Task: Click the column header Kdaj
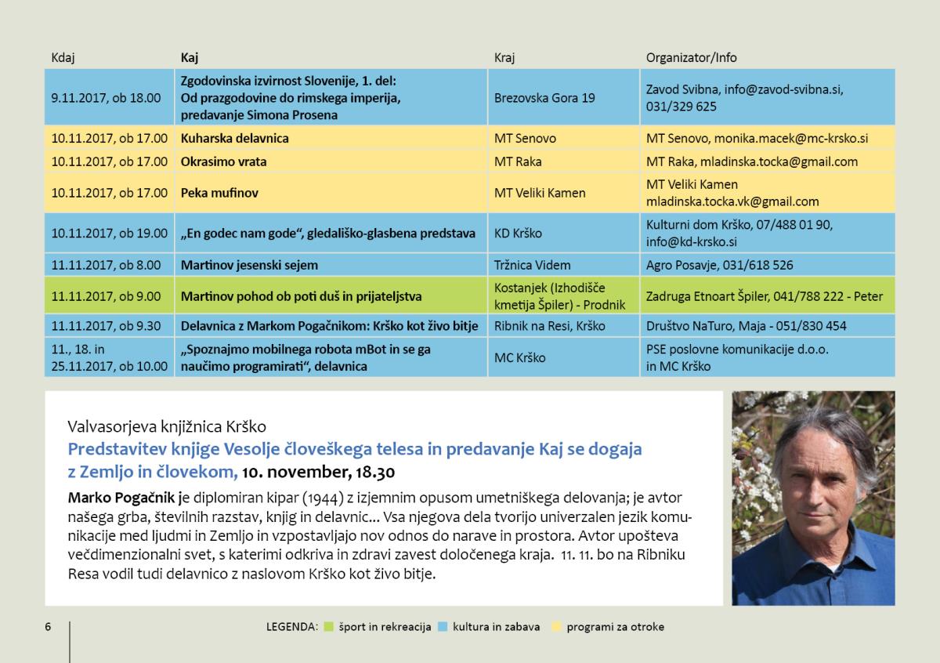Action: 63,57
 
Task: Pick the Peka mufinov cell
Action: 219,193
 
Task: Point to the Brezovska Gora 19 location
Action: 544,98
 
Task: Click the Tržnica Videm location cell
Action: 532,265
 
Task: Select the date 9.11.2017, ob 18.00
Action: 106,98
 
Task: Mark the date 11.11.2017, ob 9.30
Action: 106,326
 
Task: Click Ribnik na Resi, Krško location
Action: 549,326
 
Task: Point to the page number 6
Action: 48,626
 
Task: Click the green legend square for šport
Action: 328,626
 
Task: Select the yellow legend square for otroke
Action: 557,626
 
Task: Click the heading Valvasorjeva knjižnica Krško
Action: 167,427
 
